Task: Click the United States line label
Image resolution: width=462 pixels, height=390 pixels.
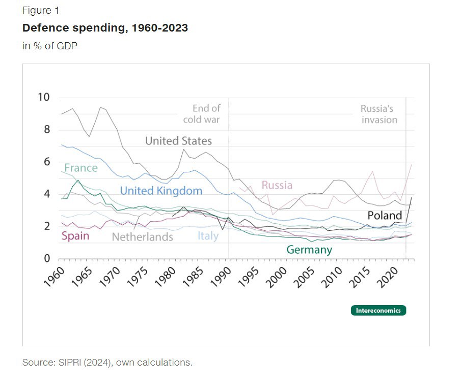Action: point(178,141)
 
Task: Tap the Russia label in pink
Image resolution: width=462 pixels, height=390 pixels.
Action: point(277,185)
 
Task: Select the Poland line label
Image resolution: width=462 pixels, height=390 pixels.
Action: point(385,216)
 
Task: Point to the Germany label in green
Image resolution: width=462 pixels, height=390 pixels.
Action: point(309,250)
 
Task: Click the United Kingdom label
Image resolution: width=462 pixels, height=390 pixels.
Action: point(161,191)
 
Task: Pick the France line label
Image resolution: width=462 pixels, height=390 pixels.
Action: point(80,168)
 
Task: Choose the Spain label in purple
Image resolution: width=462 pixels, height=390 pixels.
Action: point(75,236)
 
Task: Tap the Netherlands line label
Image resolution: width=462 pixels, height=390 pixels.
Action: point(142,237)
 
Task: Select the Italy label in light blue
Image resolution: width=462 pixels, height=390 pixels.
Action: point(207,236)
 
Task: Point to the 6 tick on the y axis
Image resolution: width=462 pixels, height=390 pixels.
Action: point(47,162)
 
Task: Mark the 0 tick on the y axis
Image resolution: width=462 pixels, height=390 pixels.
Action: point(47,258)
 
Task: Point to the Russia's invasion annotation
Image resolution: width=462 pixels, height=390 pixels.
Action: point(378,114)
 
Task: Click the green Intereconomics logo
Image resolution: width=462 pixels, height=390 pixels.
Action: point(378,310)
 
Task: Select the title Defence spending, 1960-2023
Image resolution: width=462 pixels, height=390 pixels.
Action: point(105,28)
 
